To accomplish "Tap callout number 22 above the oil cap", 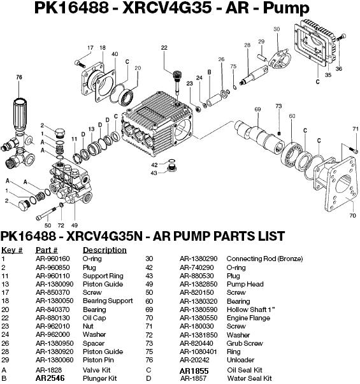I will point(164,48).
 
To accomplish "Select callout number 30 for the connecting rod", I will point(277,29).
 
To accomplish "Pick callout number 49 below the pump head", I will point(75,225).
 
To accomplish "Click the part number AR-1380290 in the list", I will point(199,259).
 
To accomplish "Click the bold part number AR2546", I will point(50,378).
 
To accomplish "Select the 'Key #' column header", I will point(12,250).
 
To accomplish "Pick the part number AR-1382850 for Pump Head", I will point(199,284).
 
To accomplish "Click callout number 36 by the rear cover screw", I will point(338,69).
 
